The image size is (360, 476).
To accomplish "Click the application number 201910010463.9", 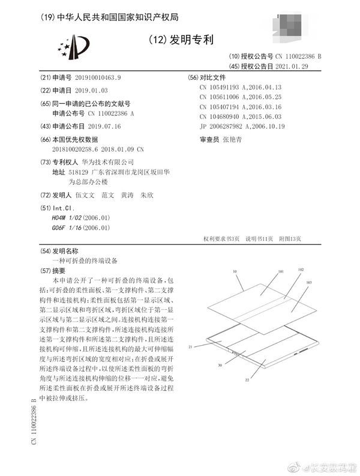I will (92, 78).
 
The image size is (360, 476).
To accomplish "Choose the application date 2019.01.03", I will (80, 90).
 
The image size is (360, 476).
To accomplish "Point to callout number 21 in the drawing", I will (190, 346).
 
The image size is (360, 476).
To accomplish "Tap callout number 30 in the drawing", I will (220, 364).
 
